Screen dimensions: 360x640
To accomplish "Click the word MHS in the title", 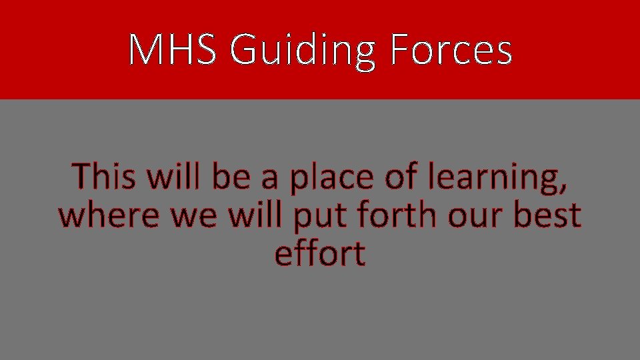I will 172,50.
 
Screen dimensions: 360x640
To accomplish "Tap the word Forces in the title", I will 451,50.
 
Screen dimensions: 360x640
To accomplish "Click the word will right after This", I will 177,177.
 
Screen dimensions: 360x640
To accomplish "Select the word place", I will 327,179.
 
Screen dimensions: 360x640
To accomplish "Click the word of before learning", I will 396,177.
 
